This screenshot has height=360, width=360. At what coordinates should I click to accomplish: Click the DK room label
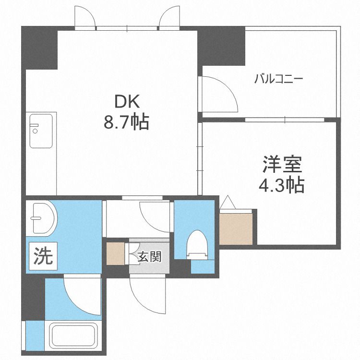127,101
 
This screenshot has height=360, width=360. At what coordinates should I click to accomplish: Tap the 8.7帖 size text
127,122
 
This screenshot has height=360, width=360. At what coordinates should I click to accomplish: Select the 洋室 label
282,164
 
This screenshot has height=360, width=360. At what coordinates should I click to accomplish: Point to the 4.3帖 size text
282,184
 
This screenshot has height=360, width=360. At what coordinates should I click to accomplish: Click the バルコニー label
278,79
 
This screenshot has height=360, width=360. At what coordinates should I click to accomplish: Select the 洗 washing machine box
43,256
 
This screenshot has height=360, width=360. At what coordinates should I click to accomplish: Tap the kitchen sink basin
41,131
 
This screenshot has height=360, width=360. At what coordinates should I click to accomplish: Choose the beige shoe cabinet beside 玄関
116,254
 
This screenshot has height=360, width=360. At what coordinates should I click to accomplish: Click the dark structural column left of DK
39,48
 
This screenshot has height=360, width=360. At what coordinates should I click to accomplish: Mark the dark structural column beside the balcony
221,46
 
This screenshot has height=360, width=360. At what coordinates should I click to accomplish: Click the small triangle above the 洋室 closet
228,202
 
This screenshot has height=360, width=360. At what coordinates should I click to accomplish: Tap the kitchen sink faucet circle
35,131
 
